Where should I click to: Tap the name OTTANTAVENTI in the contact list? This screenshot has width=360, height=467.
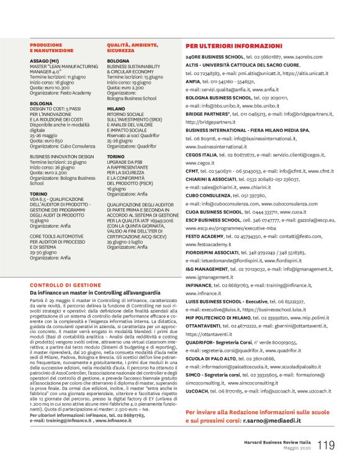(207, 326)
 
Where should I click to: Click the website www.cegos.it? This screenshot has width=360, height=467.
(200, 162)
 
